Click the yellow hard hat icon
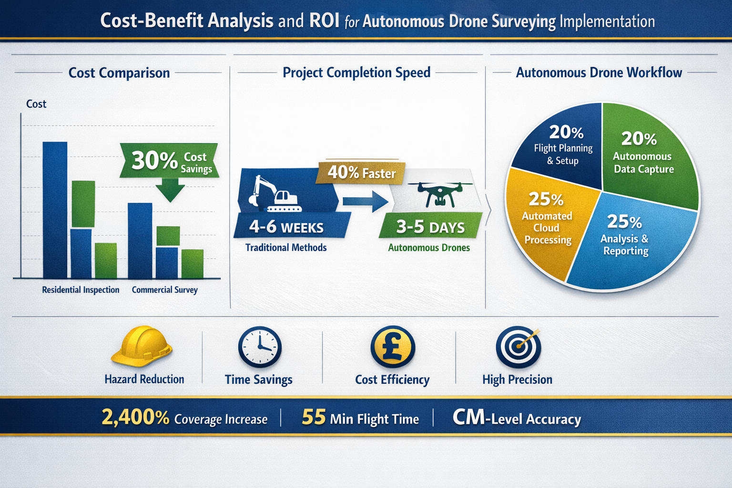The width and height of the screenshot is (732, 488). click(x=142, y=346)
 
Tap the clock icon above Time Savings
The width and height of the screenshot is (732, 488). click(x=260, y=346)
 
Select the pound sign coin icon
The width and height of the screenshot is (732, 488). click(x=393, y=347)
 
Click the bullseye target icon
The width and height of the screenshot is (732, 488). click(x=518, y=347)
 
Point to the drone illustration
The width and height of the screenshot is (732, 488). click(x=438, y=193)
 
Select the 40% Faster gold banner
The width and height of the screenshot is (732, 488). click(x=361, y=173)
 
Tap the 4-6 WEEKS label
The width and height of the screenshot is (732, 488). click(x=286, y=227)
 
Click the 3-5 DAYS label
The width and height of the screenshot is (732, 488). click(x=430, y=227)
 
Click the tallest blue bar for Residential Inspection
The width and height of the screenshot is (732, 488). click(x=55, y=210)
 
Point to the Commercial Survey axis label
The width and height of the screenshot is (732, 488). click(x=164, y=290)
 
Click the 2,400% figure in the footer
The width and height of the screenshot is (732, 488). click(x=135, y=417)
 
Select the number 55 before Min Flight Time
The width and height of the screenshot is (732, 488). click(x=314, y=417)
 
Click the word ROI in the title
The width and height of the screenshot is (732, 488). click(x=324, y=21)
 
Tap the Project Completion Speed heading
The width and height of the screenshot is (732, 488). click(x=356, y=72)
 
